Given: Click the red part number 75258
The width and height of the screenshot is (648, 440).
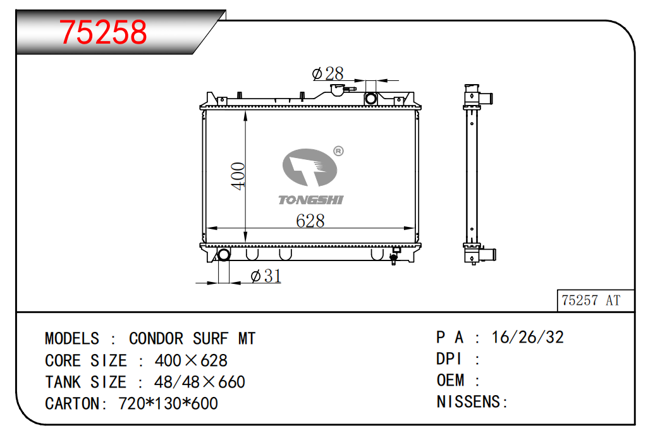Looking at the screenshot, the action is [103, 32].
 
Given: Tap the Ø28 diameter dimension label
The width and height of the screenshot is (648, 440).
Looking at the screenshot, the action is [327, 73].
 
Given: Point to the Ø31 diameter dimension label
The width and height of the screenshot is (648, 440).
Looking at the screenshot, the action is [266, 276].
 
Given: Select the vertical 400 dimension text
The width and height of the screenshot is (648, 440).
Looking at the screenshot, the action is [238, 176].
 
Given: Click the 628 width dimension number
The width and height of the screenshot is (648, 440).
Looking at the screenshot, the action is [310, 221].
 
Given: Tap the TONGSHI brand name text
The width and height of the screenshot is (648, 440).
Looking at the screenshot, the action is [311, 200].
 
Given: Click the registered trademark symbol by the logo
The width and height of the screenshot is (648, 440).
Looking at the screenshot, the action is [338, 151].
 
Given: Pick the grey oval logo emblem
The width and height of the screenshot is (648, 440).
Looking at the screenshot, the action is [310, 168].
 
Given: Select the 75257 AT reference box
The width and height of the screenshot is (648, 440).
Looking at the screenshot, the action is [596, 300].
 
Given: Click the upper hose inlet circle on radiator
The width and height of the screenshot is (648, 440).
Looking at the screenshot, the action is [370, 99].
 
